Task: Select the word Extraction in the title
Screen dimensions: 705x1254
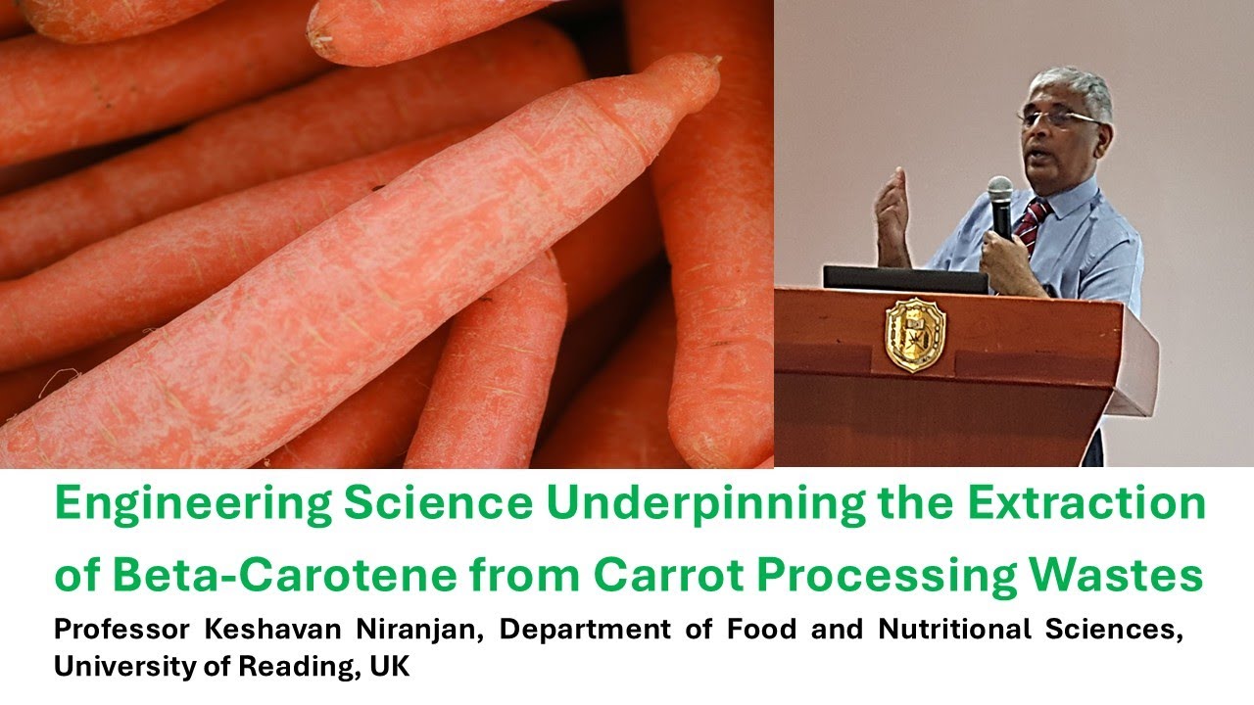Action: click(1085, 503)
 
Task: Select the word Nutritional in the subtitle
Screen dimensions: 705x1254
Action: click(954, 631)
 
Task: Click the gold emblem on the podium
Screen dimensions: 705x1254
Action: click(915, 335)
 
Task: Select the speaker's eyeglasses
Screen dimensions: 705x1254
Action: click(1058, 117)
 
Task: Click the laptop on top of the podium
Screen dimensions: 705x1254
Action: click(905, 279)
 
